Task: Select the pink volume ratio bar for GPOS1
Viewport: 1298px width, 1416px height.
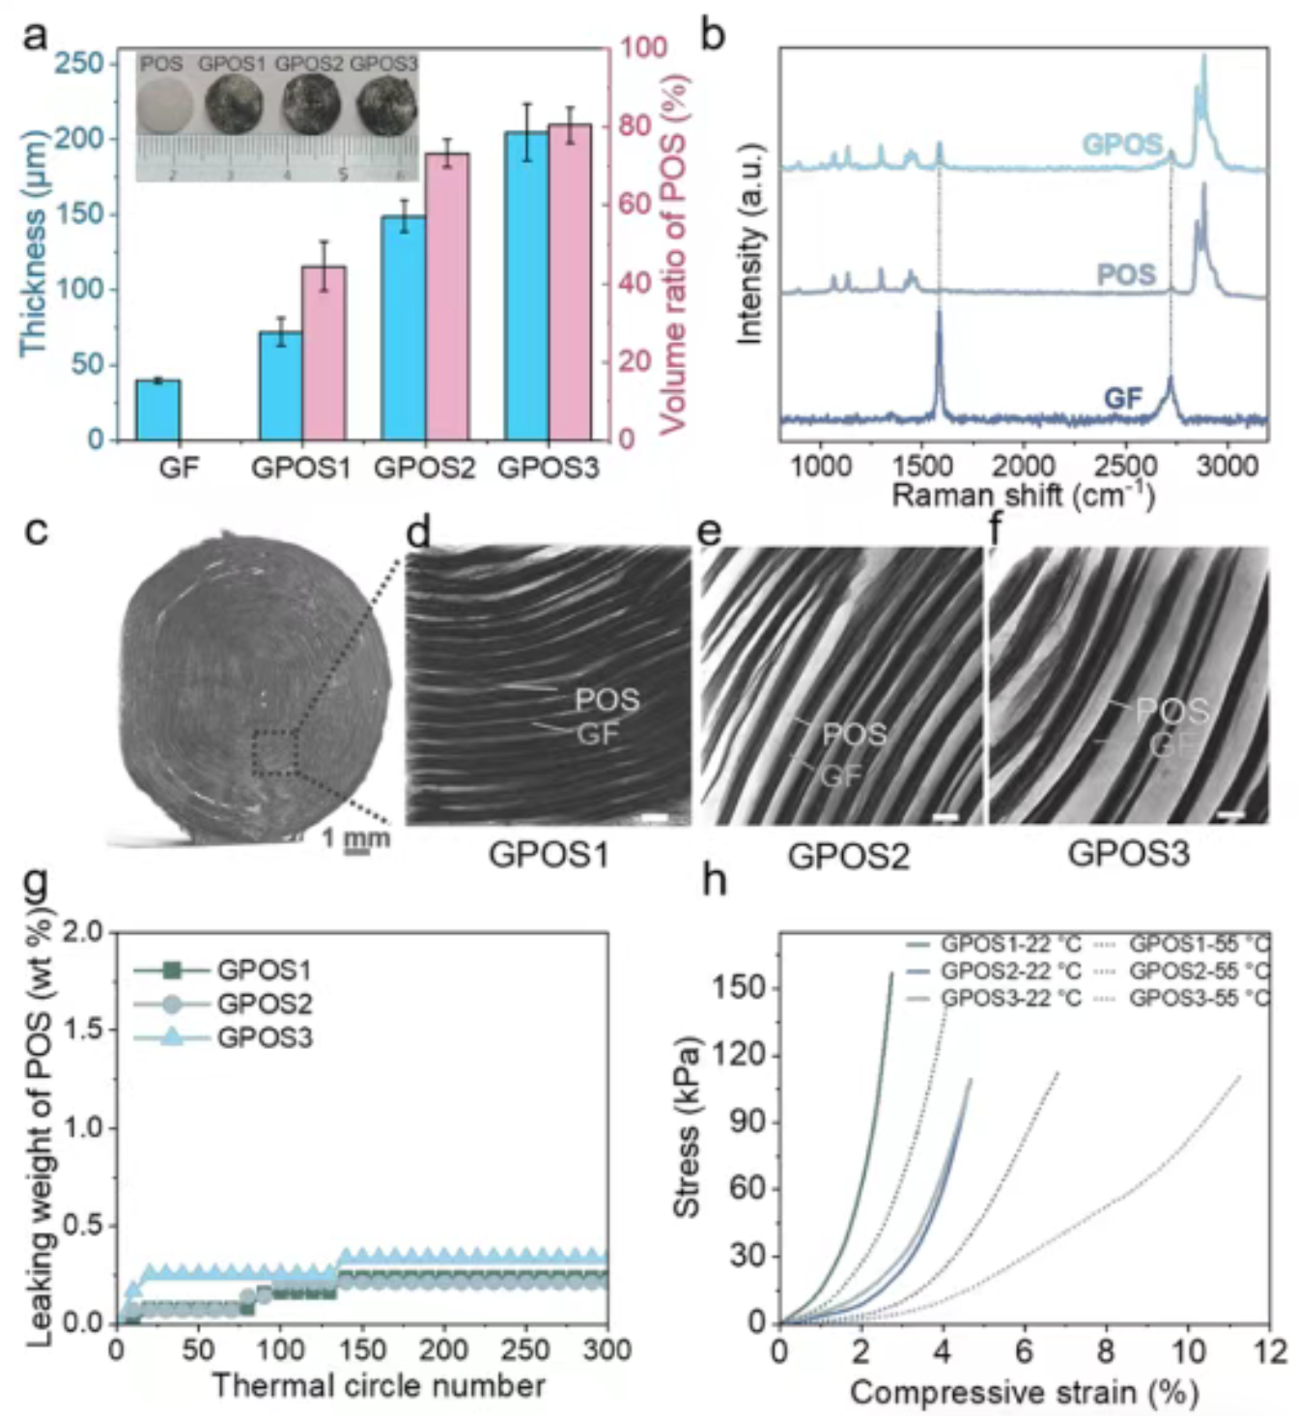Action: point(324,353)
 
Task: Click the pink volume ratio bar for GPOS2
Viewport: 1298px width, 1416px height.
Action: point(447,296)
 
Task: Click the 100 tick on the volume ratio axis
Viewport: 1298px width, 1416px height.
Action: point(642,48)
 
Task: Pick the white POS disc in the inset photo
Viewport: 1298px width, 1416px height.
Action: point(165,106)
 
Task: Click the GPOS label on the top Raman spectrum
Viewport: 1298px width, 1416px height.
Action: point(1121,145)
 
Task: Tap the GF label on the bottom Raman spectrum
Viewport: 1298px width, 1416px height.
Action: point(1122,397)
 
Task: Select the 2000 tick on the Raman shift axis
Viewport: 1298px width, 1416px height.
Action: point(1024,466)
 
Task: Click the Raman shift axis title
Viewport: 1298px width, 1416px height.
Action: point(1023,496)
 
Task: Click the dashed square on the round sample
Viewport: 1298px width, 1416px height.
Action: point(275,753)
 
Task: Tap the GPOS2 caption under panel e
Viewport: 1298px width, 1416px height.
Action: point(848,856)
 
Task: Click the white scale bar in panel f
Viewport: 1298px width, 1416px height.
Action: point(1230,815)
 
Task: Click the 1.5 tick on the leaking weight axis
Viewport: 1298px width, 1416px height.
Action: point(88,1030)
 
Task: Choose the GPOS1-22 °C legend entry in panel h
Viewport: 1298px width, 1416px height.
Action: point(995,944)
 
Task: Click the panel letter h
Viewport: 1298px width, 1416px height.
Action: point(715,880)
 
